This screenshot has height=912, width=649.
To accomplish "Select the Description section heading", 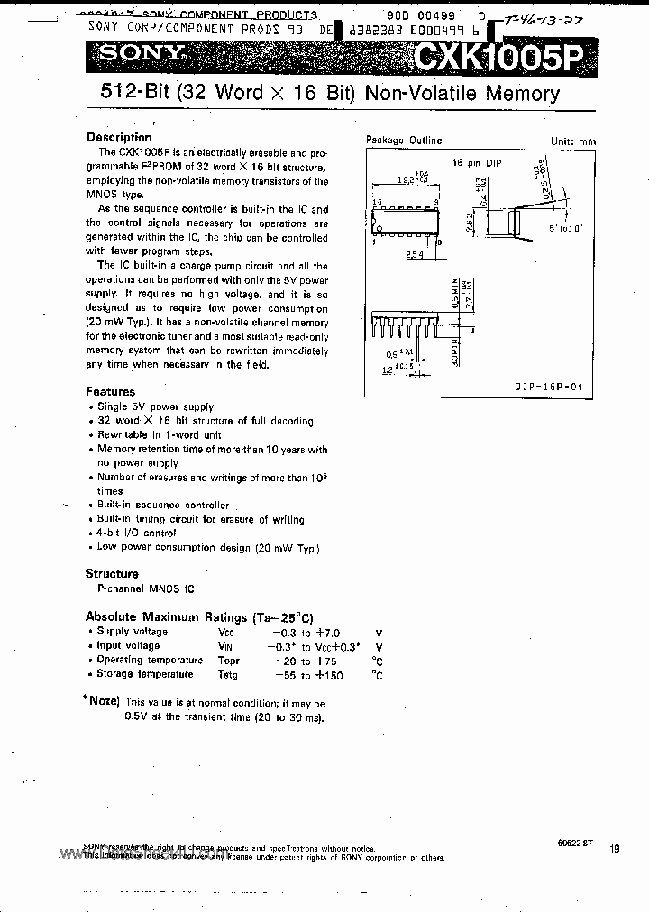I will pos(119,138).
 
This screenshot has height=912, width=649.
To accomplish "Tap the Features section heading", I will pos(110,392).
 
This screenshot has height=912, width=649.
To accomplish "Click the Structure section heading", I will pos(112,574).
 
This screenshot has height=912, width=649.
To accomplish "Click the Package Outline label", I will pos(404,141).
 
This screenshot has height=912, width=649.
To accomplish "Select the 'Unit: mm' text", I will pos(573,141).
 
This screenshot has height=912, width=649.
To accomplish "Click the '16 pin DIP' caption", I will pos(477,162).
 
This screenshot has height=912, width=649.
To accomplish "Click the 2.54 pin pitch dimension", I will pos(415,255).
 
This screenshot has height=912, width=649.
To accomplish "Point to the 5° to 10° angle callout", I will pos(566,227).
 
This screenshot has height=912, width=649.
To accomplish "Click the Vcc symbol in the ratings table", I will pos(226,633).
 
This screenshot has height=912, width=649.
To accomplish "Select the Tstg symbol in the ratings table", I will pos(227,675).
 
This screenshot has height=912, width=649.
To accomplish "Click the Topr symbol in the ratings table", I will pos(228,661).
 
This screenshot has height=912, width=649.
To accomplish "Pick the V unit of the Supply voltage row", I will pos(379,633).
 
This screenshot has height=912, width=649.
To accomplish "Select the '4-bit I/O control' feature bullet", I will pos(136,534).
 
